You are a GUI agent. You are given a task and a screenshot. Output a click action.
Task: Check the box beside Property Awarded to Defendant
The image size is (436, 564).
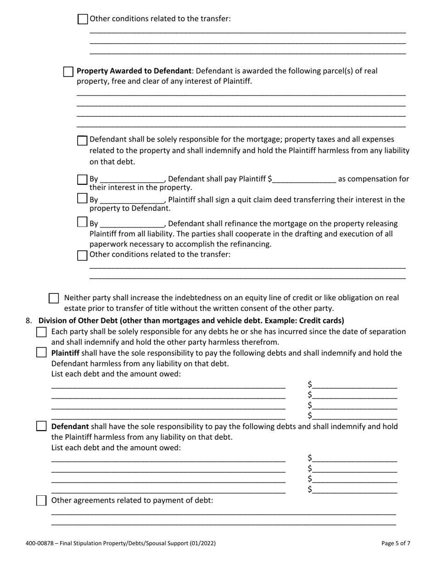point(68,72)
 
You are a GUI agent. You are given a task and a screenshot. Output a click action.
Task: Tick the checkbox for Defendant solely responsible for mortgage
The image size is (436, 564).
point(82,140)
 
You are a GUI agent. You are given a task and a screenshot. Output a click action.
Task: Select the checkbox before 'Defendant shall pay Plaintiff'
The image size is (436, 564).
point(82,179)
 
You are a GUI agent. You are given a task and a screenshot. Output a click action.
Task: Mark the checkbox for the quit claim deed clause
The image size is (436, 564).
point(82,199)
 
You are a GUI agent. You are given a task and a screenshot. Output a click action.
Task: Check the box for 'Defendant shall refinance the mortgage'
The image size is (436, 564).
point(82,222)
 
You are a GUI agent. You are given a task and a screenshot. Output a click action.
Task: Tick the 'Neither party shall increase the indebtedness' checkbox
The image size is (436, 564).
point(54,298)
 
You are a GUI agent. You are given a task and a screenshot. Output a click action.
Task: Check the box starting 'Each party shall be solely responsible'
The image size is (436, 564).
point(41,332)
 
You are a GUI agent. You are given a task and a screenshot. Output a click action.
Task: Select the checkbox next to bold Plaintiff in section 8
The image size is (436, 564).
point(41,353)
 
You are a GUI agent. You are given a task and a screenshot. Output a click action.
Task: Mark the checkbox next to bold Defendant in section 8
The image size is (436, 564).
point(41,426)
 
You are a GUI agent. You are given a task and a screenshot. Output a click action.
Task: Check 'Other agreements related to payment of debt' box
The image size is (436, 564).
point(41,500)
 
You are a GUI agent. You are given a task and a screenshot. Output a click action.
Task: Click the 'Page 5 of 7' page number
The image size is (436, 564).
point(396,543)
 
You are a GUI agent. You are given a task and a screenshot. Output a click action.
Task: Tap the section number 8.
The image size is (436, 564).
point(28,321)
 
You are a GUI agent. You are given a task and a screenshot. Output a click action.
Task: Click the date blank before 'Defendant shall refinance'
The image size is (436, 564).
point(132,224)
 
